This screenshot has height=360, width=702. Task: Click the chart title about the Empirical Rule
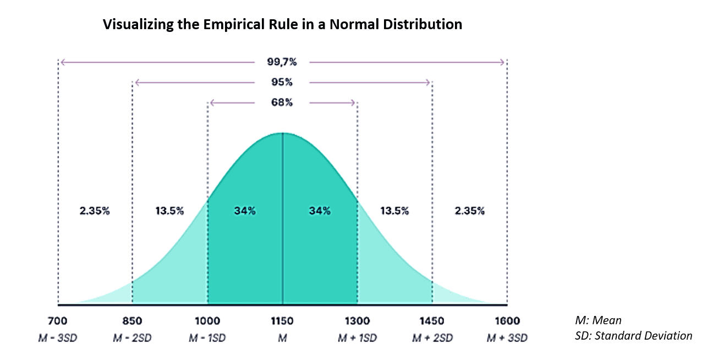coord(282,24)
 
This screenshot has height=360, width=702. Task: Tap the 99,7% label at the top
coord(282,62)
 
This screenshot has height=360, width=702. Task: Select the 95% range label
coord(282,83)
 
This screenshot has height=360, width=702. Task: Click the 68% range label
coord(282,102)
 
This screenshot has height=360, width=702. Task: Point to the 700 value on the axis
coord(57,321)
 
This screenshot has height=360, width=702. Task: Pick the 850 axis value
coord(132,321)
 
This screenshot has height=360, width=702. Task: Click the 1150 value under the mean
coord(282,321)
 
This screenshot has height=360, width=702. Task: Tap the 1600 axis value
coord(507,321)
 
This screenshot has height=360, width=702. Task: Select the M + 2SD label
coord(432,337)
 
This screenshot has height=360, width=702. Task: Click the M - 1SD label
coord(207,337)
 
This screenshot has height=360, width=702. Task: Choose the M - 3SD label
coord(57,337)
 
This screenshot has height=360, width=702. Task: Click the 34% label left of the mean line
coord(244,211)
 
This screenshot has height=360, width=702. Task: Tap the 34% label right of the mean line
coord(320,211)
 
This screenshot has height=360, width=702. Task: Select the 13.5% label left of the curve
coord(169,211)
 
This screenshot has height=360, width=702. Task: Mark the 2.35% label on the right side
coord(469,211)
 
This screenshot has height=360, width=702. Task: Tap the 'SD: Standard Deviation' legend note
coord(633,335)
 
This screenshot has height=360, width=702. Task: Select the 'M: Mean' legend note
coord(598,320)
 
